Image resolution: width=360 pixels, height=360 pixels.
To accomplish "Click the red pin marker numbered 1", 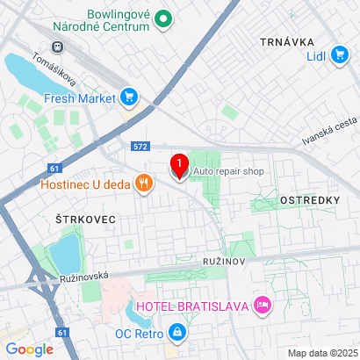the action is point(179,166).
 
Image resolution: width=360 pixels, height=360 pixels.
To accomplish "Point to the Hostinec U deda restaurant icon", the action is point(142,184).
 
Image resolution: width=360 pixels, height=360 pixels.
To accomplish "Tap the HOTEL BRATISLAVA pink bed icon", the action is point(262,305).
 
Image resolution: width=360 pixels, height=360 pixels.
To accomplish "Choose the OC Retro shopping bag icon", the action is point(177,333).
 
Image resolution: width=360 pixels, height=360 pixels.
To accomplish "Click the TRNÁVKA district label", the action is point(286,41).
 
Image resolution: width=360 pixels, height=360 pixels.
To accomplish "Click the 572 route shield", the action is point(140,147).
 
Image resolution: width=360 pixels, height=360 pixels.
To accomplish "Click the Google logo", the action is point(30,349).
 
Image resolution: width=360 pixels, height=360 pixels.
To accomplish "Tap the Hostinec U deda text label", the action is point(84,184).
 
